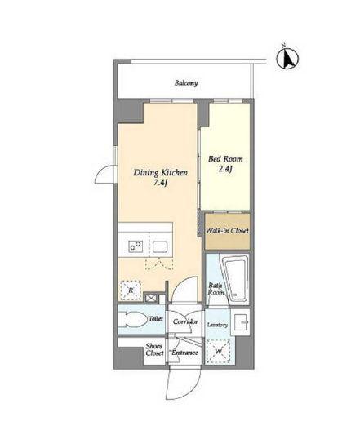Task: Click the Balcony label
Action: click(186, 83)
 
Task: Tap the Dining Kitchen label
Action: click(161, 172)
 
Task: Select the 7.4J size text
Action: click(161, 183)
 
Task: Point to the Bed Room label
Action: click(225, 159)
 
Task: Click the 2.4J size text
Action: click(225, 169)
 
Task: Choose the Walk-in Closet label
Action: click(227, 231)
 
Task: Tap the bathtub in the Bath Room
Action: click(235, 277)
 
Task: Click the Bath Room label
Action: click(216, 289)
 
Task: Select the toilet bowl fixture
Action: click(132, 319)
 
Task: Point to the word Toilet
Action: click(156, 318)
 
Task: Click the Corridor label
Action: click(185, 321)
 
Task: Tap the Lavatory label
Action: click(217, 325)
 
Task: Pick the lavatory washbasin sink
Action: click(241, 322)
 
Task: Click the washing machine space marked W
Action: click(219, 352)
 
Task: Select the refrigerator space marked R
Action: click(131, 290)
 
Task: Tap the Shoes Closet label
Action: click(154, 349)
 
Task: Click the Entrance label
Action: click(185, 353)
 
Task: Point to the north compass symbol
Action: click(287, 58)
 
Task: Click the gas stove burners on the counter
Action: click(136, 246)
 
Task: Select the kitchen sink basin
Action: click(160, 246)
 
